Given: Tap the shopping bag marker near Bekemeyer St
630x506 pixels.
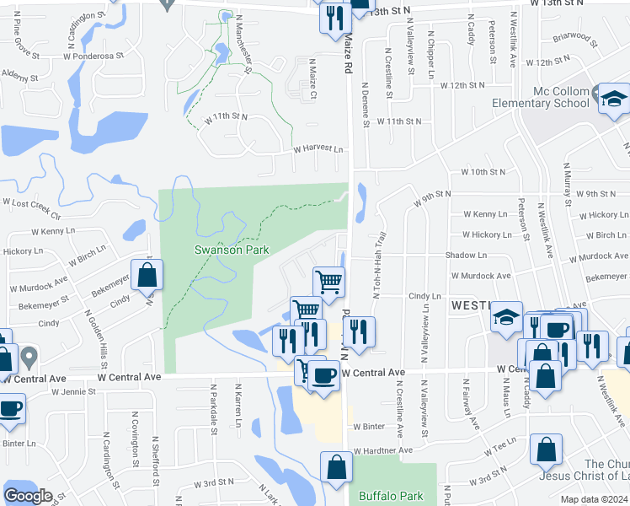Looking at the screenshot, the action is pos(147,275).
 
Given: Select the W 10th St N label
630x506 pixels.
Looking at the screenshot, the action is pos(483,172).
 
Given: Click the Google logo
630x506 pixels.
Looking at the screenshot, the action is pos(28,495).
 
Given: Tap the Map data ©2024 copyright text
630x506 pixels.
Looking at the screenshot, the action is pos(595,499).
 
